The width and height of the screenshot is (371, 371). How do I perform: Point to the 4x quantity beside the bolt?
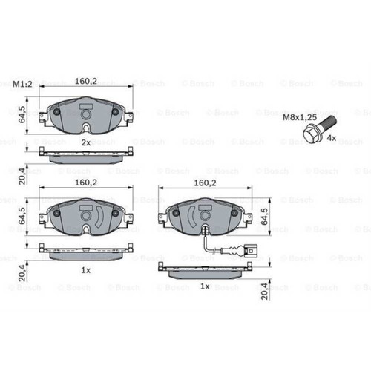[x=332, y=138]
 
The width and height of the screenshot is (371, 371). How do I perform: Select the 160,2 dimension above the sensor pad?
[x=206, y=181]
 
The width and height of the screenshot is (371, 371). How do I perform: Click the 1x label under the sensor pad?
[x=206, y=286]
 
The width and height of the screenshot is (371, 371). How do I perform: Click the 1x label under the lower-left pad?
[x=86, y=270]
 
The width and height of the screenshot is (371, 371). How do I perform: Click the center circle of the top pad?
[x=86, y=115]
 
